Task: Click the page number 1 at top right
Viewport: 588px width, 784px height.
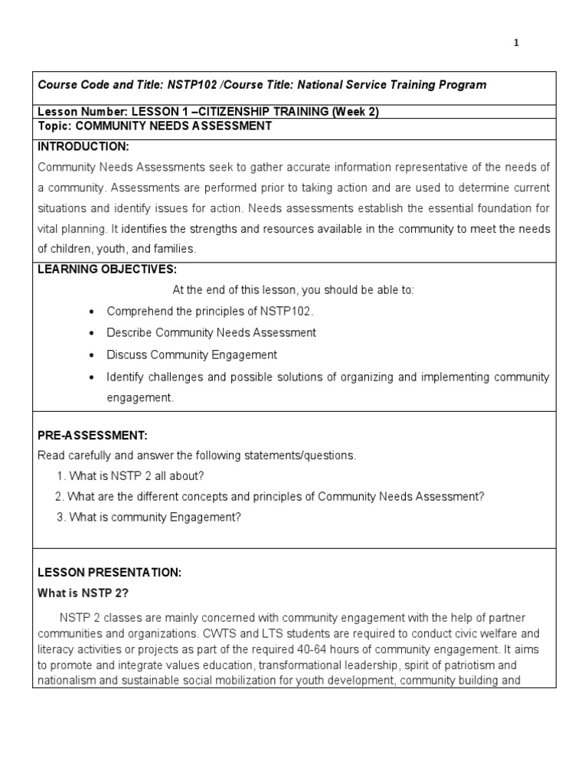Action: [x=516, y=43]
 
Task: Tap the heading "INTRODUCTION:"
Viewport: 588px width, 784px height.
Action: [x=83, y=146]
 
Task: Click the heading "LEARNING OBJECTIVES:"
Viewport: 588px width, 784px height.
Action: [x=107, y=269]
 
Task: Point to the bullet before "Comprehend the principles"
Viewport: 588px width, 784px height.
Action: [x=91, y=312]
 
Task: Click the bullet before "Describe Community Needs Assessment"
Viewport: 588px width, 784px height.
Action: [x=91, y=334]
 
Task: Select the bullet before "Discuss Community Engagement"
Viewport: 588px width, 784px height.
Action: [x=91, y=355]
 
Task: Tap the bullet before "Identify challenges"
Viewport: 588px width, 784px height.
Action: [x=91, y=377]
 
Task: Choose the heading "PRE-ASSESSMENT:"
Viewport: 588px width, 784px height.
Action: [x=93, y=435]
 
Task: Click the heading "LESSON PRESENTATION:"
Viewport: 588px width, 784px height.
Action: [x=109, y=572]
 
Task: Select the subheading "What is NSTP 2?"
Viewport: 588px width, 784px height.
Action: [x=83, y=593]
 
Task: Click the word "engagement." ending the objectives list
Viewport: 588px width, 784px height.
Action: [x=140, y=398]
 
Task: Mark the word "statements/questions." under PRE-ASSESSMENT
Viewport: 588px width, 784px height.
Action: [x=305, y=456]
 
